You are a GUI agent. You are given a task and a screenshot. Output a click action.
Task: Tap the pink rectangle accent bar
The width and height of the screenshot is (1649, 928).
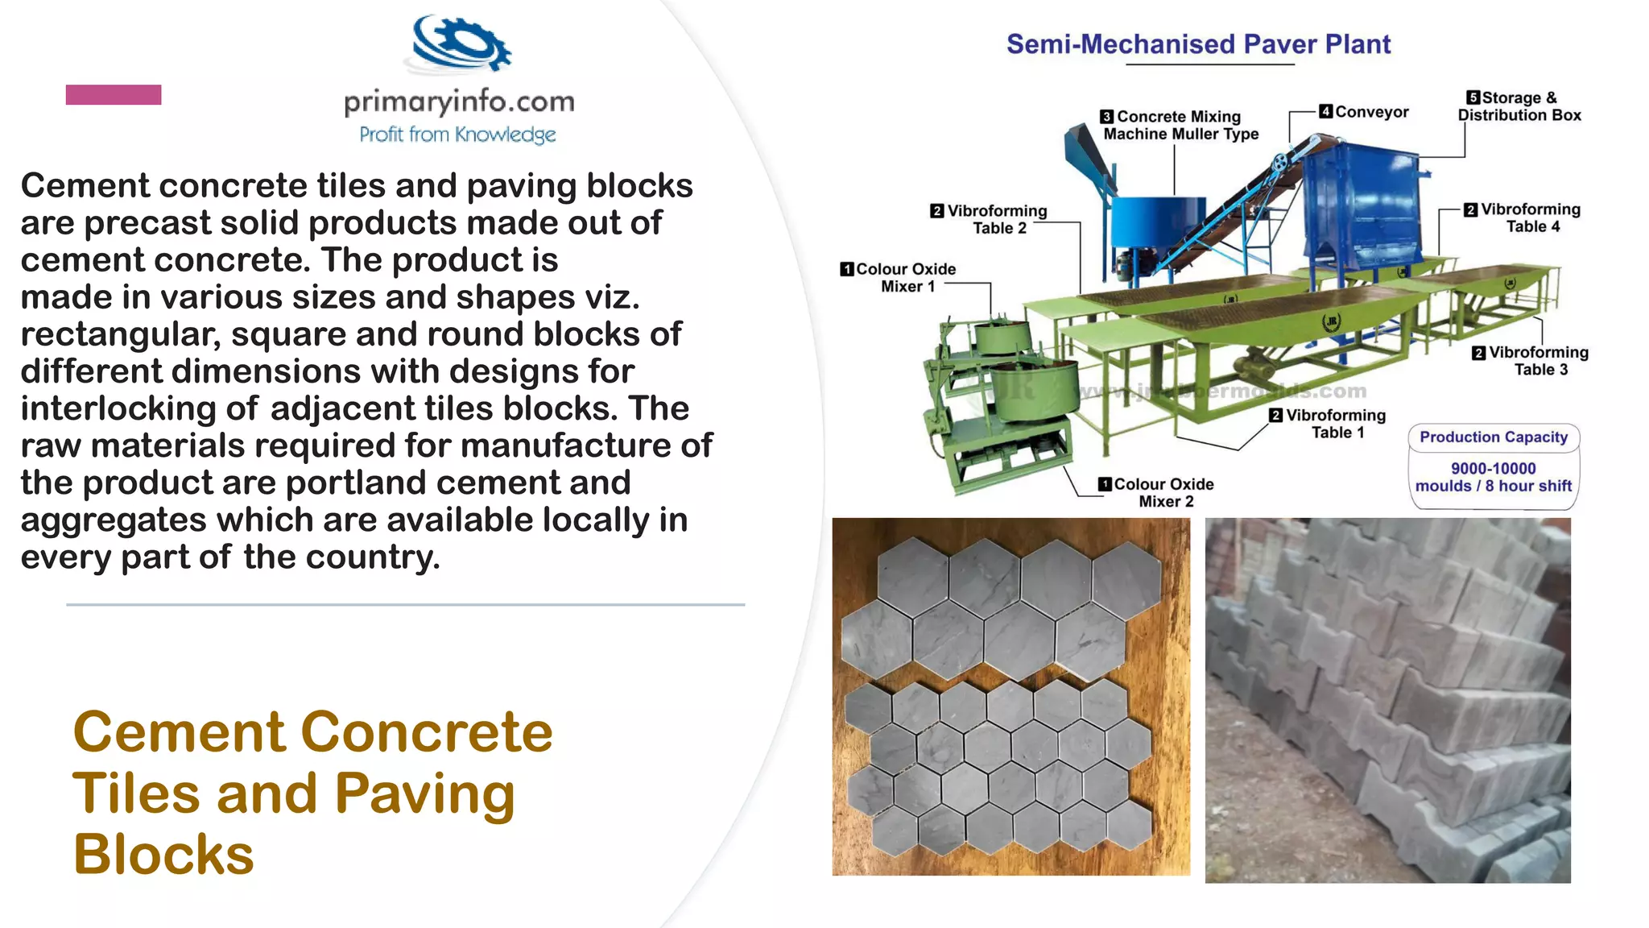(114, 95)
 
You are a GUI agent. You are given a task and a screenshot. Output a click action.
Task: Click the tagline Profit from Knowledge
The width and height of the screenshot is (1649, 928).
(457, 135)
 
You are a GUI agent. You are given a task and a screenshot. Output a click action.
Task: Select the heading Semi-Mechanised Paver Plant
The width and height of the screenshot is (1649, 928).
(1198, 44)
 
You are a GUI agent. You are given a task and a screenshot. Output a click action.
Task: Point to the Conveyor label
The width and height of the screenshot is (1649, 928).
(1371, 112)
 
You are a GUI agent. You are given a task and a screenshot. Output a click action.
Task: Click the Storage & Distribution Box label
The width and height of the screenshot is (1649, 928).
(1519, 106)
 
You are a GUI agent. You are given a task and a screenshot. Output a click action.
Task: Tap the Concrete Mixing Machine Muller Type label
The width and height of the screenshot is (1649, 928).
(1180, 126)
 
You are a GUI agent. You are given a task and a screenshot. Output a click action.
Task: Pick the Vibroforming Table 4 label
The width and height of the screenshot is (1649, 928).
(1531, 217)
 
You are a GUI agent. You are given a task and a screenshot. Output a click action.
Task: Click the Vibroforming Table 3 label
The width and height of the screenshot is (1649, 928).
(1539, 361)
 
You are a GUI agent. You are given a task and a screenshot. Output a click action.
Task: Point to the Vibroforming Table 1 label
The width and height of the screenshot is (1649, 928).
(1336, 424)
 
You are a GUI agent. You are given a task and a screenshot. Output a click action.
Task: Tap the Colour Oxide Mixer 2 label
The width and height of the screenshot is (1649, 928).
(1164, 492)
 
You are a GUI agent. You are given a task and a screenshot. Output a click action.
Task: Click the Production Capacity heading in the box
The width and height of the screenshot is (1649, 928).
(1494, 437)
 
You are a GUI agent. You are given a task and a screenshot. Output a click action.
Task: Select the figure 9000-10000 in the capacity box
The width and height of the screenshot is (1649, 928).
(1494, 468)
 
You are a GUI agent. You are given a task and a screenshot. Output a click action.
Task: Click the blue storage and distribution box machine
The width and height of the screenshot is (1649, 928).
(1361, 201)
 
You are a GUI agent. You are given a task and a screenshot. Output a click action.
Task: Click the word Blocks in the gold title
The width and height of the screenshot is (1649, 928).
(163, 854)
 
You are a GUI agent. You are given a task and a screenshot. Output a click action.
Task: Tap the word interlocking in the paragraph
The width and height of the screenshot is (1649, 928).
(118, 408)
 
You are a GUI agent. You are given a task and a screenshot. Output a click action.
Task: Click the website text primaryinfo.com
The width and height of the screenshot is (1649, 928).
(459, 102)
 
